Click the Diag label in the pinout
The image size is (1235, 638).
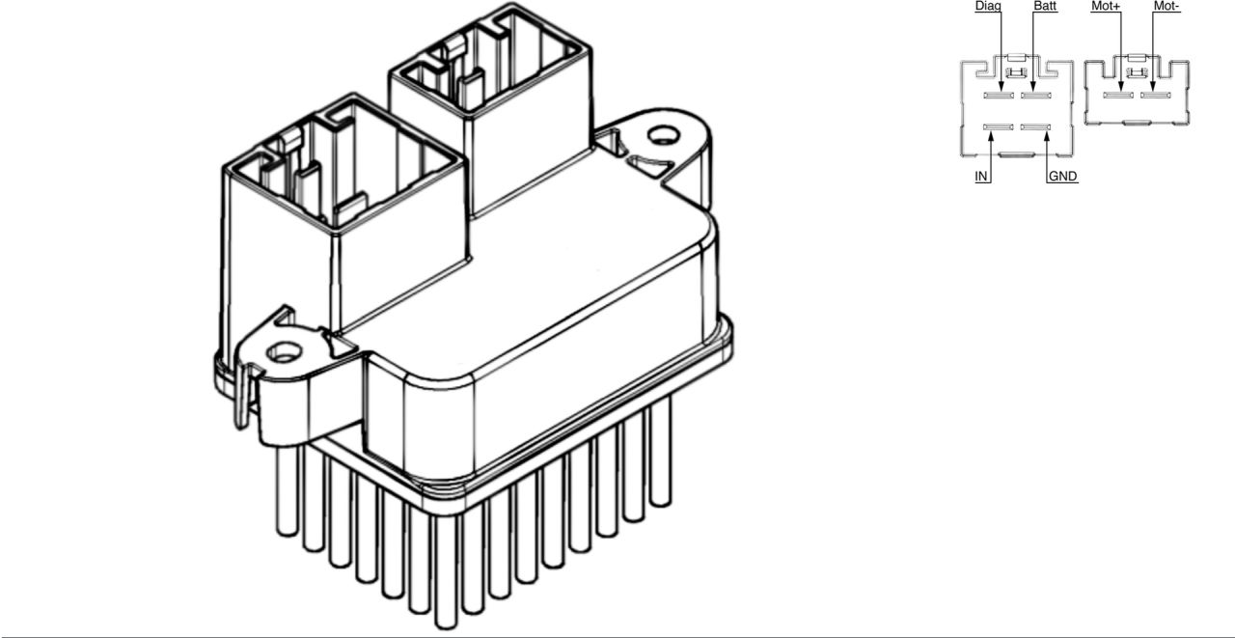[988, 7]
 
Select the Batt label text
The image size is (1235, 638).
[1045, 7]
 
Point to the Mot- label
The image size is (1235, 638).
[1166, 7]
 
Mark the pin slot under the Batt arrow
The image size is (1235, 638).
[1034, 96]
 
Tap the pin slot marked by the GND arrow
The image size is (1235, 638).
[1034, 127]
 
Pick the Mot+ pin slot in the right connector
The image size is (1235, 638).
[1119, 96]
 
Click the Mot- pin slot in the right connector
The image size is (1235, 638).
[1155, 96]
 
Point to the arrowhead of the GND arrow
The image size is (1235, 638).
[1047, 134]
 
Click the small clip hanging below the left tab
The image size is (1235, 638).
[237, 401]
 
